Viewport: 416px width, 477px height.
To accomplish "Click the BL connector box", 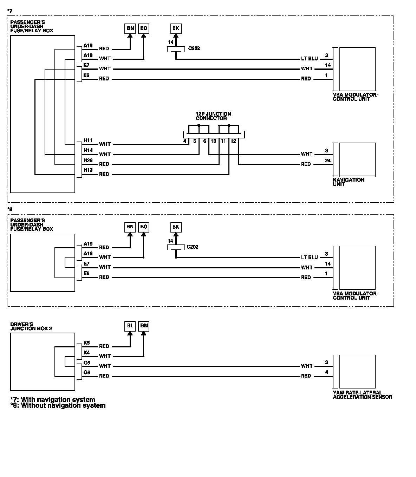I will point(130,326).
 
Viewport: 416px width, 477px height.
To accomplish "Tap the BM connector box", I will point(144,326).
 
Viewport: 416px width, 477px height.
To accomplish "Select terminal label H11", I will point(88,141).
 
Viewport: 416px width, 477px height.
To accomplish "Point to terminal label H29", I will point(88,160).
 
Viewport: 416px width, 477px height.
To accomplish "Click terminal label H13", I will point(88,170).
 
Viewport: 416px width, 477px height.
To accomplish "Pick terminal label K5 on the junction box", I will point(86,342).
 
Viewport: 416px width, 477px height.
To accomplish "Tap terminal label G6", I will point(86,372).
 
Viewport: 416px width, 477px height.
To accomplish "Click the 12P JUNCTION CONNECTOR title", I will point(213,116).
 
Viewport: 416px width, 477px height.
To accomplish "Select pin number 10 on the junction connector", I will point(213,141).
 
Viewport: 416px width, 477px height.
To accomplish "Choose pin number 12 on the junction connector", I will point(233,141).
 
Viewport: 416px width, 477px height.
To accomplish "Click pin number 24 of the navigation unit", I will point(327,161).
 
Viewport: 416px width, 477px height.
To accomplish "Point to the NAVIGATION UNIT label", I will point(348,182).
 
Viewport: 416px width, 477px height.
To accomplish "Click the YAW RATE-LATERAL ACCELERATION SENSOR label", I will point(362,395).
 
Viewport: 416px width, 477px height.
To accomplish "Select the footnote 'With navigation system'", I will point(53,400).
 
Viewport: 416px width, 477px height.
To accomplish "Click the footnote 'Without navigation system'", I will point(58,405).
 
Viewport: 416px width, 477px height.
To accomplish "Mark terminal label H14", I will point(88,150).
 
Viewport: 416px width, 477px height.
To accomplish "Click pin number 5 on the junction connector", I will point(194,141).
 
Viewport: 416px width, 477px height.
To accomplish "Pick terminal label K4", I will point(86,352).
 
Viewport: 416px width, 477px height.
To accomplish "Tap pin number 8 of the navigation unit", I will point(326,151).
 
